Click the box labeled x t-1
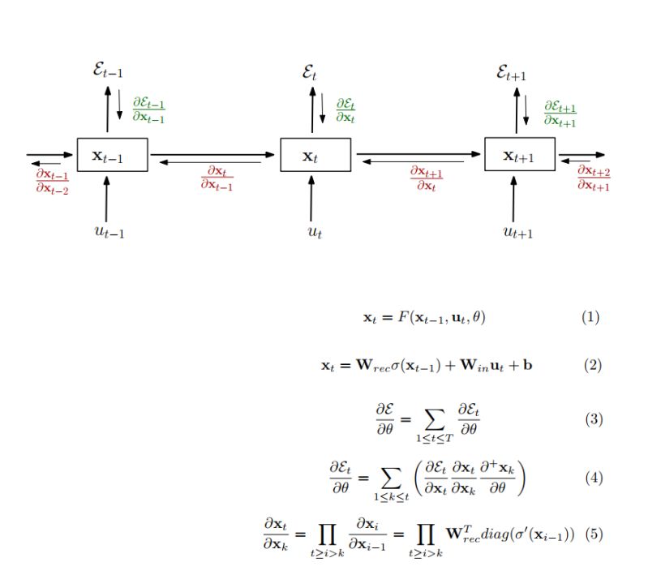(112, 155)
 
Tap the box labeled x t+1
(520, 155)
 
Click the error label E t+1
(512, 74)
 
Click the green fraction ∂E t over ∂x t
(345, 111)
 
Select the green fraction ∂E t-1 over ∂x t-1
(148, 111)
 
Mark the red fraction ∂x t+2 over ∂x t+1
(594, 178)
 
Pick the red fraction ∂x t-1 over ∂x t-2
(52, 181)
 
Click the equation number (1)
(590, 316)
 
